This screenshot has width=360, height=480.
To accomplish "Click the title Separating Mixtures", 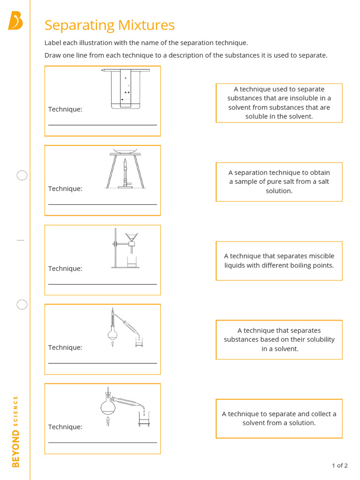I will (x=109, y=25).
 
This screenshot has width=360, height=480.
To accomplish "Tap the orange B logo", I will (x=15, y=22).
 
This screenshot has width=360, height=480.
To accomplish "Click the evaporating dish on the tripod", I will (x=126, y=151).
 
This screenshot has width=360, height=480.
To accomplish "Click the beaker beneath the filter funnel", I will (x=132, y=262).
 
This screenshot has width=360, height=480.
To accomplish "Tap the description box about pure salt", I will (x=279, y=182).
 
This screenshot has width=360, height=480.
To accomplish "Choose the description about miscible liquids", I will (x=279, y=261).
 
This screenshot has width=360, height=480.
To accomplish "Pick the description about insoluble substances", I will (x=279, y=103).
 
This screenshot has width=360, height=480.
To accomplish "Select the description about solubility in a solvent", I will (x=279, y=339).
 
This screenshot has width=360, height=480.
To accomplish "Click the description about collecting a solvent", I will (x=279, y=418).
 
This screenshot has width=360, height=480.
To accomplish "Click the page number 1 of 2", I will (x=339, y=465).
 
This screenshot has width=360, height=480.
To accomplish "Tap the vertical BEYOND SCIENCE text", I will (x=15, y=431).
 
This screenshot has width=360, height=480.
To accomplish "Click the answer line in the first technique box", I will (x=102, y=125).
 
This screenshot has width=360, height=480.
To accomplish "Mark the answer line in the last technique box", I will (x=102, y=442).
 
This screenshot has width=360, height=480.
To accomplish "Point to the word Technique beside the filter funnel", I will (x=65, y=269).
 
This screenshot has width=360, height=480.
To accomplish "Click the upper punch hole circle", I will (x=22, y=176).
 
